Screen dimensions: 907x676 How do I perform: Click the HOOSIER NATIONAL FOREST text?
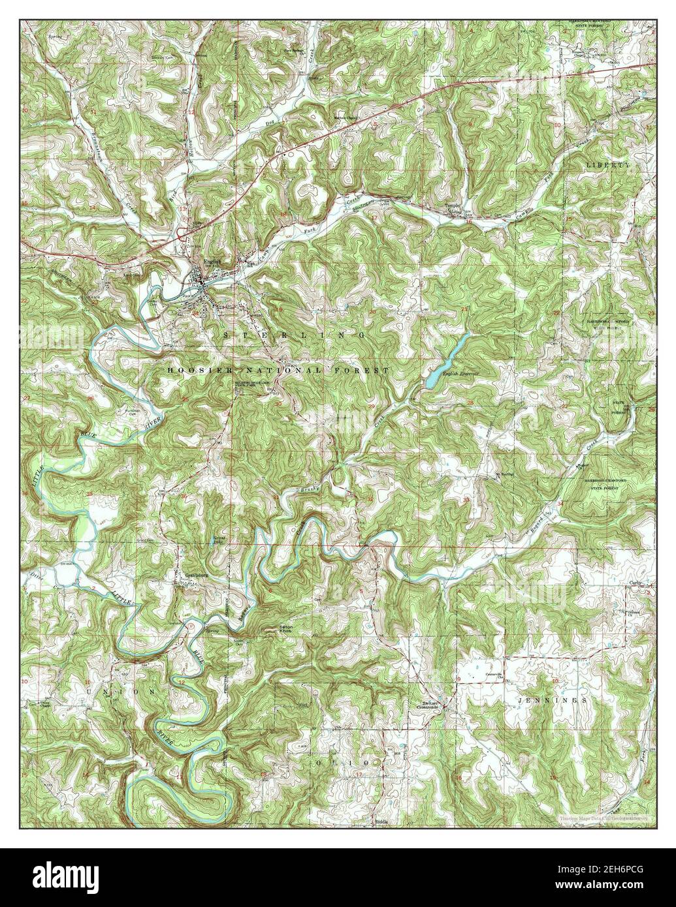[x=278, y=370]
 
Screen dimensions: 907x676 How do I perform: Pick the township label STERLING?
[x=294, y=334]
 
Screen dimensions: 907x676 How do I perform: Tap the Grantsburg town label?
[x=187, y=576]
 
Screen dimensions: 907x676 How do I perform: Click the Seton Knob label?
[x=287, y=630]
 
